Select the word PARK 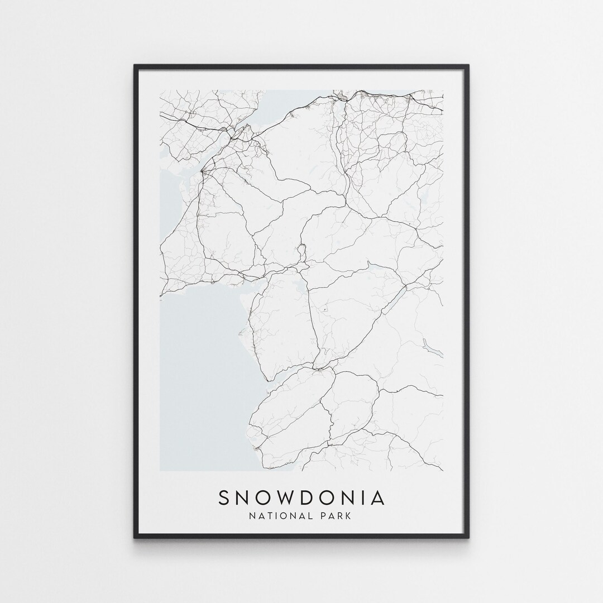[x=336, y=516]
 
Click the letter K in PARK [x=348, y=516]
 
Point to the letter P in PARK [x=324, y=516]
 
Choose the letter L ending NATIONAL [x=310, y=516]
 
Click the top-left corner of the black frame [x=135, y=66]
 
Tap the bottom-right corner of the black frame [x=468, y=537]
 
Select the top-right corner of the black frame [x=468, y=66]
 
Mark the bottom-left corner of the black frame [x=135, y=537]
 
